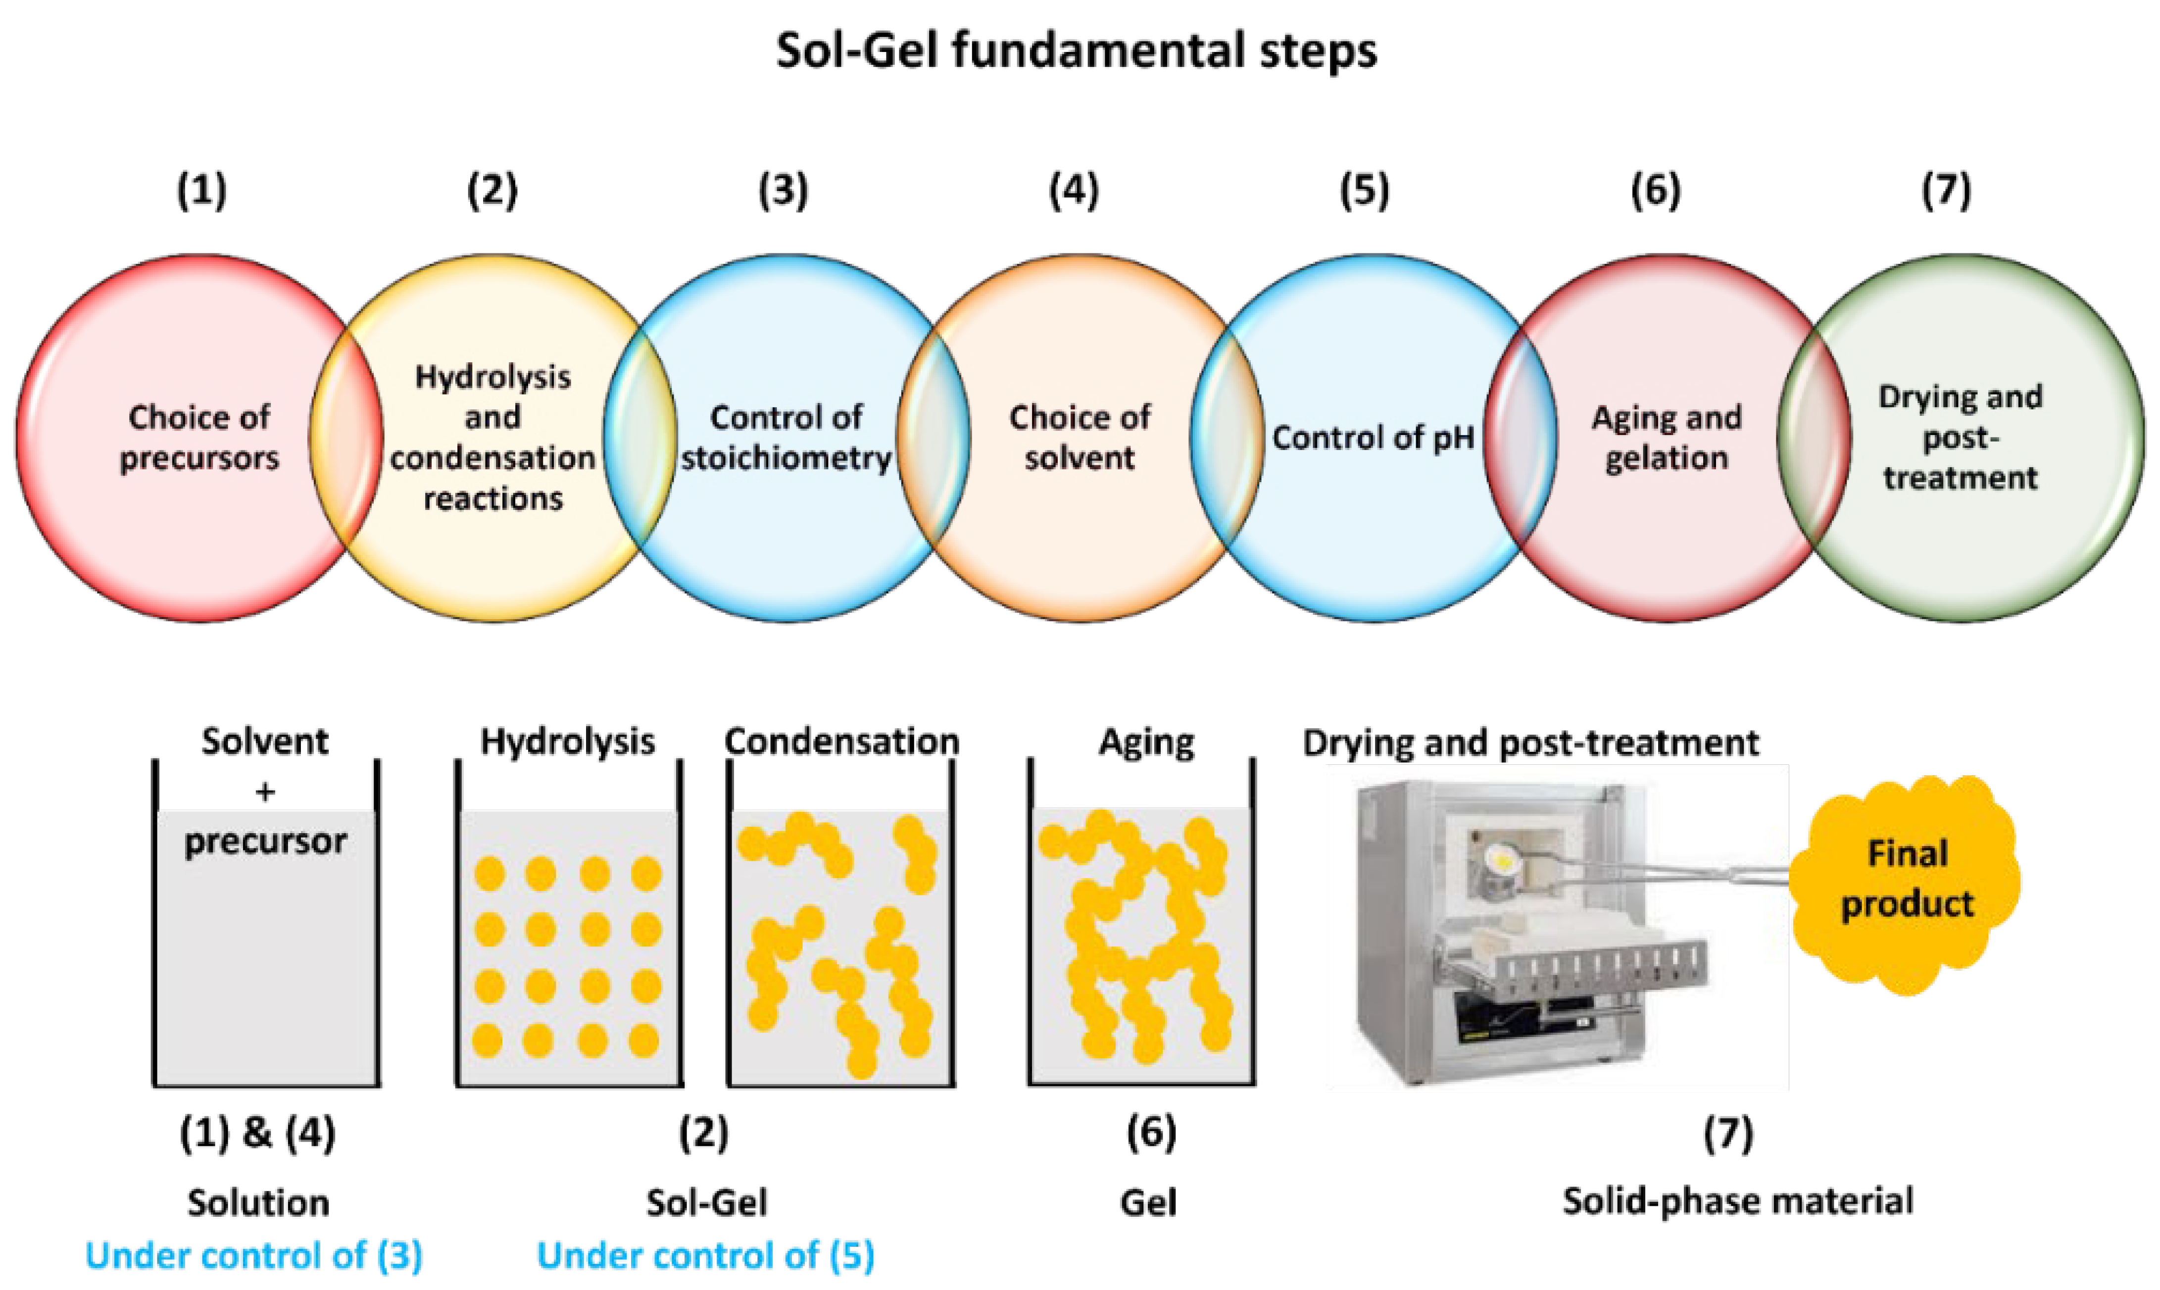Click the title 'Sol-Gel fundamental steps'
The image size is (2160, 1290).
click(1076, 50)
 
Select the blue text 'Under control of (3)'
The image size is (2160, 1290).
click(254, 1255)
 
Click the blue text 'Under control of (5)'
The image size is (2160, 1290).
click(706, 1255)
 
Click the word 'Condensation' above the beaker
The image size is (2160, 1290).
click(841, 742)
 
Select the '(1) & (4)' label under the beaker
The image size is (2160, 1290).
click(257, 1133)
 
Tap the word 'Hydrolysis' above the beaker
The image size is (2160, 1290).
click(568, 742)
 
